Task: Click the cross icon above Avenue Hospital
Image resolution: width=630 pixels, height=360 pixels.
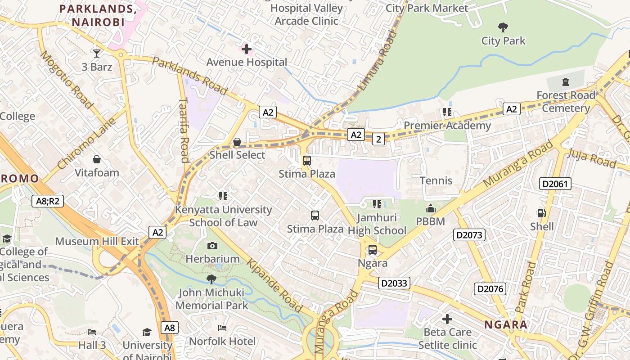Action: click(247, 49)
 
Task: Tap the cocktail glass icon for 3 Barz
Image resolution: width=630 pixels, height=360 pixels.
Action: click(97, 54)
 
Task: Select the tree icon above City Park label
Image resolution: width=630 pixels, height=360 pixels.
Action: click(503, 27)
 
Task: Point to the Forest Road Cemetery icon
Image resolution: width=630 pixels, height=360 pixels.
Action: click(566, 82)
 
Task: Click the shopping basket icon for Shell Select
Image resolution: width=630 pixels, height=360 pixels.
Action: click(237, 142)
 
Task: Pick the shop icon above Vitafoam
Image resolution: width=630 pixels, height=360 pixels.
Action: click(97, 159)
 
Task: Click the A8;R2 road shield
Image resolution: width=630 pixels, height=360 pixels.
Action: click(48, 201)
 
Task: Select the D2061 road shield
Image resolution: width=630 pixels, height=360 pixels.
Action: click(555, 184)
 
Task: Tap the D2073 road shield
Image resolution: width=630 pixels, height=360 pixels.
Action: click(469, 235)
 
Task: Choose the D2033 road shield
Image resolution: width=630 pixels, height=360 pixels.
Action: click(394, 283)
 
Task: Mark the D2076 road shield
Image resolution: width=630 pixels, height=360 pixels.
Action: click(490, 289)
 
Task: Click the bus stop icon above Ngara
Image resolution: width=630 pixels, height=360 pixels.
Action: click(373, 250)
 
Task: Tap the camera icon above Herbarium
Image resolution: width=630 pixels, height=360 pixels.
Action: click(212, 246)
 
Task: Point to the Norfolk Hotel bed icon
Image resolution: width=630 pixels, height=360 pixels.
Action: click(222, 328)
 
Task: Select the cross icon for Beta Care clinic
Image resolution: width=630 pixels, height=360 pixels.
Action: click(447, 319)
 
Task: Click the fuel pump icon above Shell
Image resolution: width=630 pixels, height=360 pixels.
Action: click(542, 213)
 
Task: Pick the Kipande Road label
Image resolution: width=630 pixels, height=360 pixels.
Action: click(274, 286)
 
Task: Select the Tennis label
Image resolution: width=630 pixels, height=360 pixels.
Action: click(436, 181)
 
